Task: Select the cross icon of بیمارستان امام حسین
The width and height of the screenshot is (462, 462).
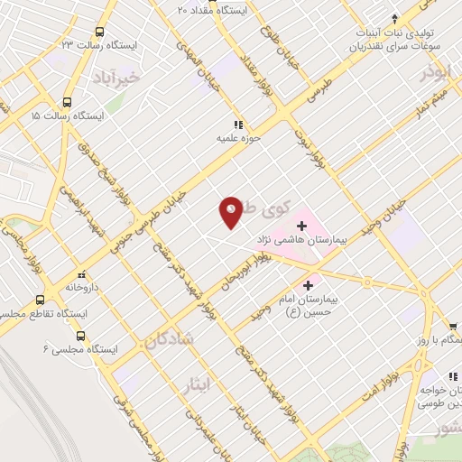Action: tap(309, 284)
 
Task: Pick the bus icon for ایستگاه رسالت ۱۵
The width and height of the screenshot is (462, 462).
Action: tap(68, 102)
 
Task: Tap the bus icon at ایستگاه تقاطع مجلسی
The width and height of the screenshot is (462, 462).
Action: tap(40, 300)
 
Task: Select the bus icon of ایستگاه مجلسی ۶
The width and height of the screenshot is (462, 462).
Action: tap(80, 336)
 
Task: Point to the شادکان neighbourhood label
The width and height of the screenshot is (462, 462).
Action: tap(166, 340)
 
